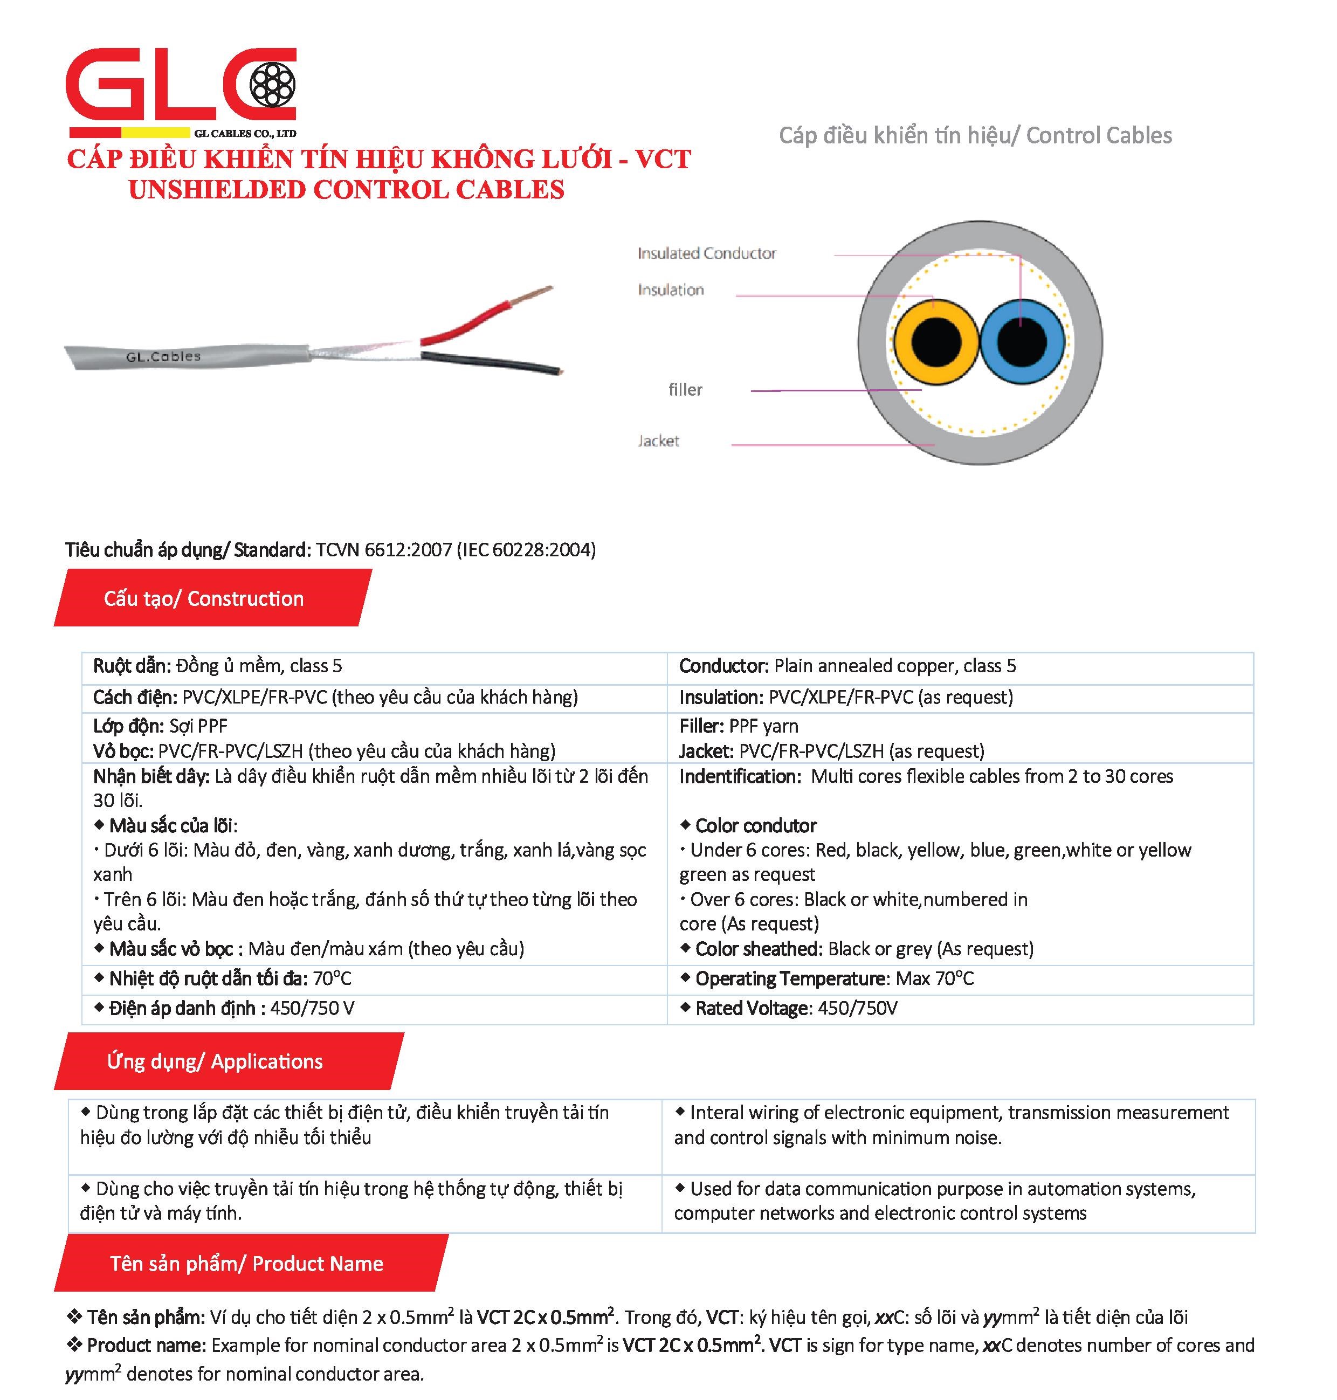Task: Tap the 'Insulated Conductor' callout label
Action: (x=706, y=253)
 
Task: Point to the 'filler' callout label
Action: (x=685, y=390)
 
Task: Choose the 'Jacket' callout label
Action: (x=658, y=441)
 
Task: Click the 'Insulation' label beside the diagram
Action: (x=671, y=290)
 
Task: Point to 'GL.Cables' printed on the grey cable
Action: (x=163, y=356)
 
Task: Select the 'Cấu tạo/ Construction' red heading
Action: (x=204, y=598)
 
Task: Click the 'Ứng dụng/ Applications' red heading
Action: (x=215, y=1061)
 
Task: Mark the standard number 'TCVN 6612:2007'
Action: (x=383, y=549)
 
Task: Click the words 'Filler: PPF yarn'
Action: (x=739, y=726)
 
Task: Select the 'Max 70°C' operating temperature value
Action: (x=934, y=978)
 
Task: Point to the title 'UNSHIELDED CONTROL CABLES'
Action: (x=346, y=190)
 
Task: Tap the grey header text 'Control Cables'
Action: (x=1098, y=135)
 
